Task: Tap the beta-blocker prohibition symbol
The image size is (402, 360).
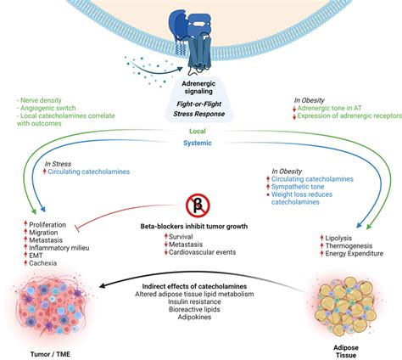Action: point(198,205)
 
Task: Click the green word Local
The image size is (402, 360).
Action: point(200,132)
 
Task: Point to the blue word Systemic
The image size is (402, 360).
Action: point(200,143)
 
